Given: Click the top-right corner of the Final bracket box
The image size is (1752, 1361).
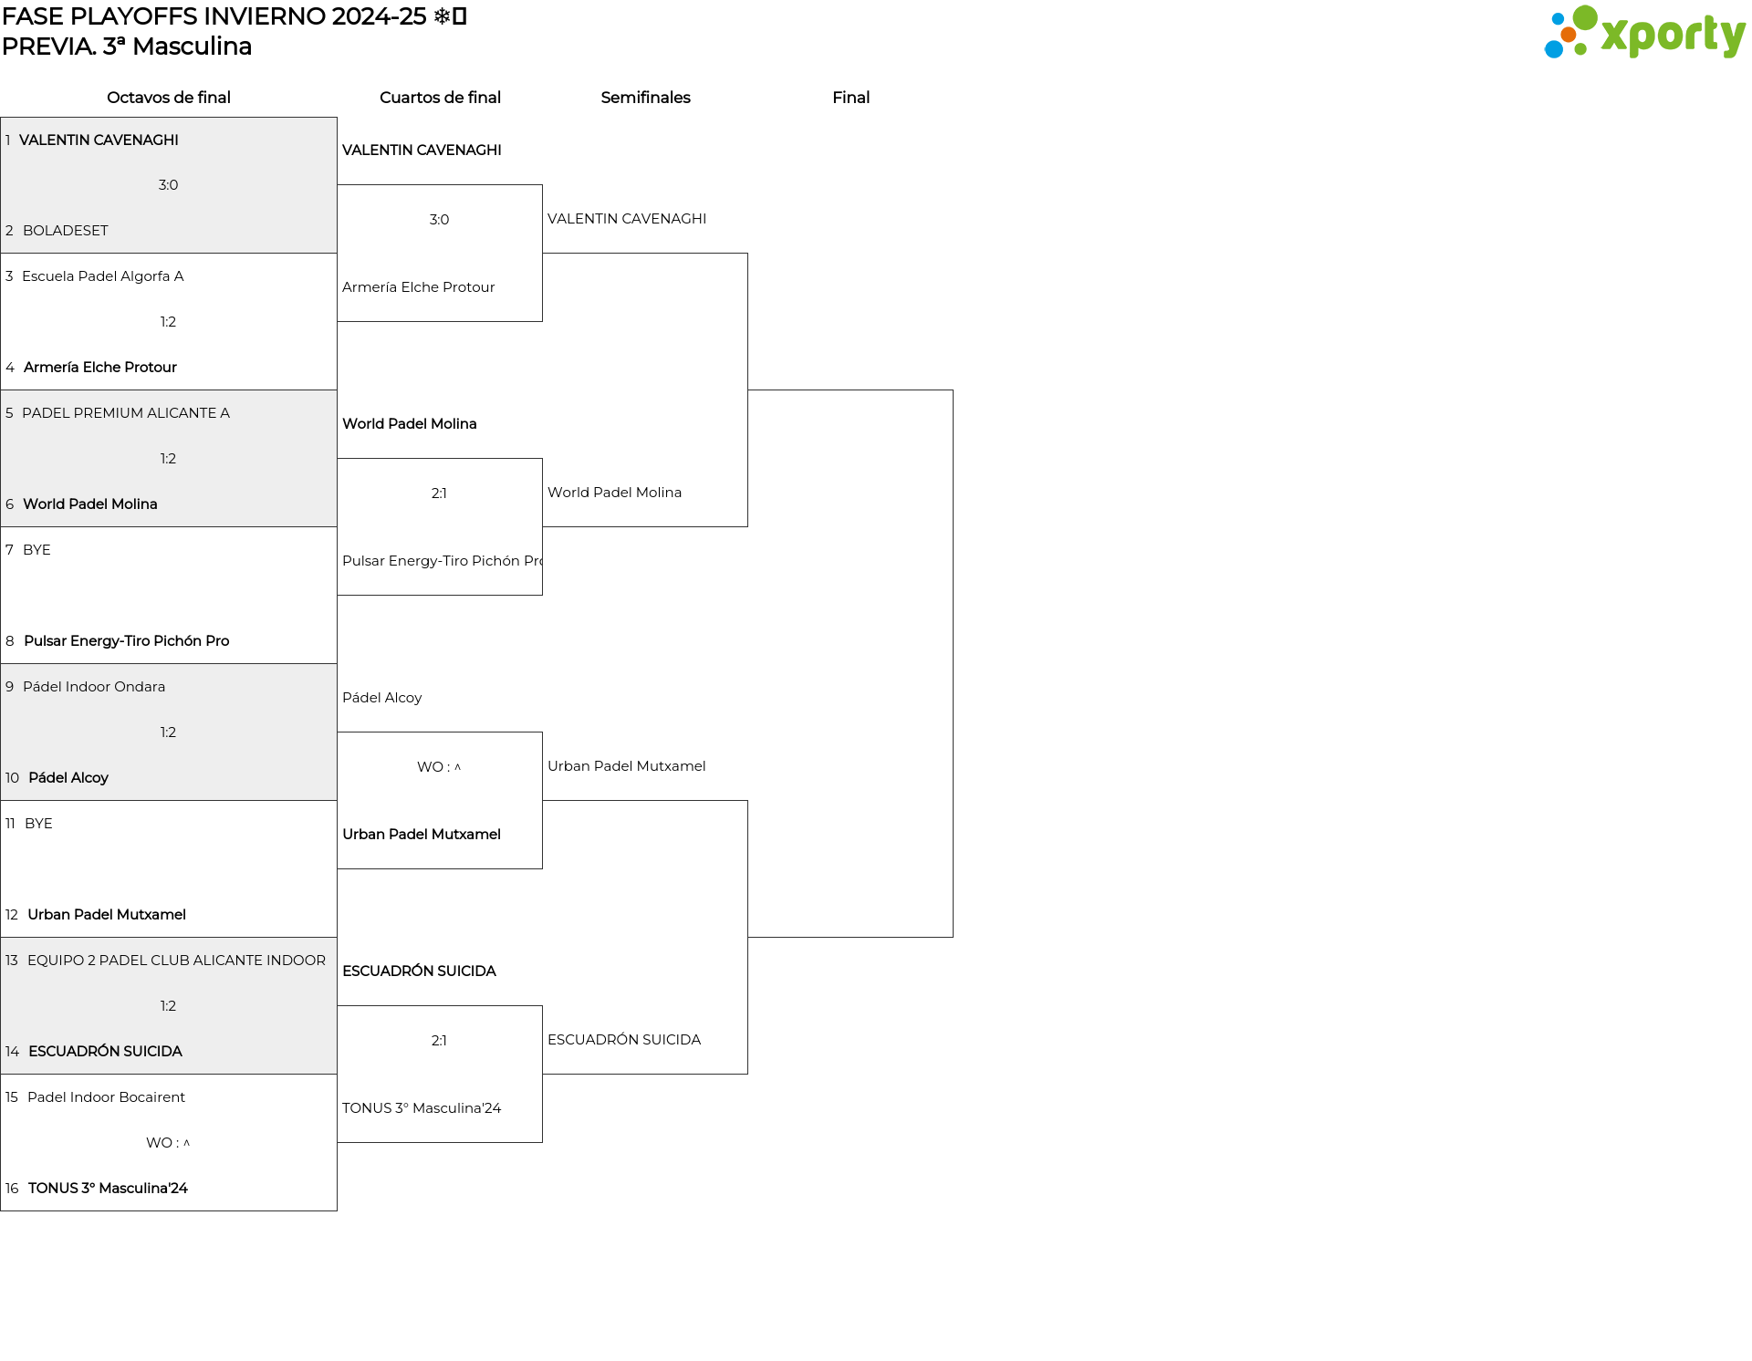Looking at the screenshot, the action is click(x=953, y=390).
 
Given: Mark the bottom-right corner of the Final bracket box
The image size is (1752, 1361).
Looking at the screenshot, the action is click(x=953, y=937).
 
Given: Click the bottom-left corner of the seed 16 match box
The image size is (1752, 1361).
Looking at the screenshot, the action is click(x=1, y=1210).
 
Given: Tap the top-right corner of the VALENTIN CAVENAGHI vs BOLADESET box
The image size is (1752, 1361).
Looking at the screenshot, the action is click(x=337, y=118).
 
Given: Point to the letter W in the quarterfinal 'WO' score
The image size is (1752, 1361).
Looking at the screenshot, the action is click(x=424, y=767).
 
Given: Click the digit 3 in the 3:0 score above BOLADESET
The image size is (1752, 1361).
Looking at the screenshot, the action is click(x=162, y=185).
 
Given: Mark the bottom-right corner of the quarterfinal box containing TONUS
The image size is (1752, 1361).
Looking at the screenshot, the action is click(x=542, y=1142).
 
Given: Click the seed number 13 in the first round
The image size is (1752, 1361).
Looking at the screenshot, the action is click(x=12, y=961).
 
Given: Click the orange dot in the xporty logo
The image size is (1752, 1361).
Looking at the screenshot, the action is click(x=1568, y=35).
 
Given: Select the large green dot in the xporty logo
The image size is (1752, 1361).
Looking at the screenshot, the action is click(x=1585, y=18).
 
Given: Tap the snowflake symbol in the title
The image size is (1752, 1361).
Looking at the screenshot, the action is click(x=442, y=16).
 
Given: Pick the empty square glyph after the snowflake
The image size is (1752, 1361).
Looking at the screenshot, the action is click(x=460, y=16).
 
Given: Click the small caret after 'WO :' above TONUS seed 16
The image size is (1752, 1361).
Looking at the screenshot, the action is click(x=186, y=1143).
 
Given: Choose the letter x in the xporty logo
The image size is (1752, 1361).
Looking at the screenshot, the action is click(x=1614, y=36).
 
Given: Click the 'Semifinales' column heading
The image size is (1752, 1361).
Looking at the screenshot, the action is click(x=645, y=98).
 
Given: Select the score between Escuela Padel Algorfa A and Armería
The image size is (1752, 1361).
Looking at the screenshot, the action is click(x=168, y=322).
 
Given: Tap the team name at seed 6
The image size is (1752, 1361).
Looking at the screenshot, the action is click(x=90, y=504).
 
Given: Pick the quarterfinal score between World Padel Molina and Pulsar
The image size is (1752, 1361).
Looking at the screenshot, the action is click(x=439, y=493).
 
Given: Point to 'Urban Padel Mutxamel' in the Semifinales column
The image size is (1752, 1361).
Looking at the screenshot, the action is click(x=626, y=766).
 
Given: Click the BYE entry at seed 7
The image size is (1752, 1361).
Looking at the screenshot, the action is click(x=36, y=550).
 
